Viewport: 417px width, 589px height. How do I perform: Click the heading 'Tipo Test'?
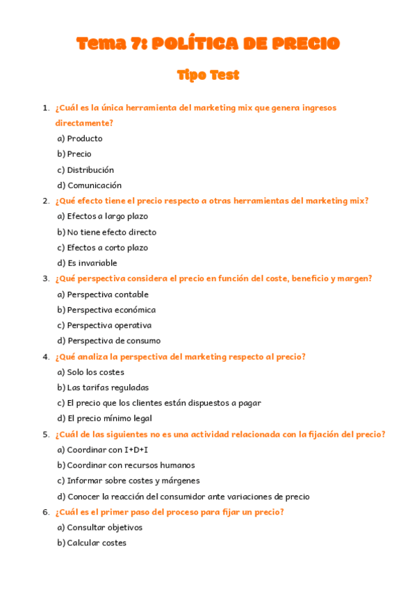(208, 75)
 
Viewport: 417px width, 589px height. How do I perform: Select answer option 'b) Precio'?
(74, 154)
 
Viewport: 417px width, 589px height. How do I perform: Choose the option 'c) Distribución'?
(85, 169)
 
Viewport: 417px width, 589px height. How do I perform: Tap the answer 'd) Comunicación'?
(89, 185)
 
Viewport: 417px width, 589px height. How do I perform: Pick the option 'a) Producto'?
(80, 138)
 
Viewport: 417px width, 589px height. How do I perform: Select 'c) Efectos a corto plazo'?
(102, 247)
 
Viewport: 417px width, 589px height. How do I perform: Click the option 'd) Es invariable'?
(87, 263)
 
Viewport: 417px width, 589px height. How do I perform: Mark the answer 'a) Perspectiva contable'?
(103, 294)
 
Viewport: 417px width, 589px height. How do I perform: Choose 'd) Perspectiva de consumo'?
(108, 341)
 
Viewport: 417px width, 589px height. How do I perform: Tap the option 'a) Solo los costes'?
(91, 372)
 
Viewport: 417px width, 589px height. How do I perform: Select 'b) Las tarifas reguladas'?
(103, 388)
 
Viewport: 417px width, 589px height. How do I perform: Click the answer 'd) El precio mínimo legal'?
(104, 419)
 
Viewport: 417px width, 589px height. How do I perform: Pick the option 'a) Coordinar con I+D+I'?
(102, 450)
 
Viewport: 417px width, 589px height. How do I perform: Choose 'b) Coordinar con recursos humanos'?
(126, 465)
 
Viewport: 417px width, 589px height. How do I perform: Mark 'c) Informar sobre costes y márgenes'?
(129, 481)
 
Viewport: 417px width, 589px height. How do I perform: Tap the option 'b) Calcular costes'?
(92, 543)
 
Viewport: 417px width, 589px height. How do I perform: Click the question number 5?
(46, 435)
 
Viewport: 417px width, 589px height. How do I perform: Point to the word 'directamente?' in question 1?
(84, 123)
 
